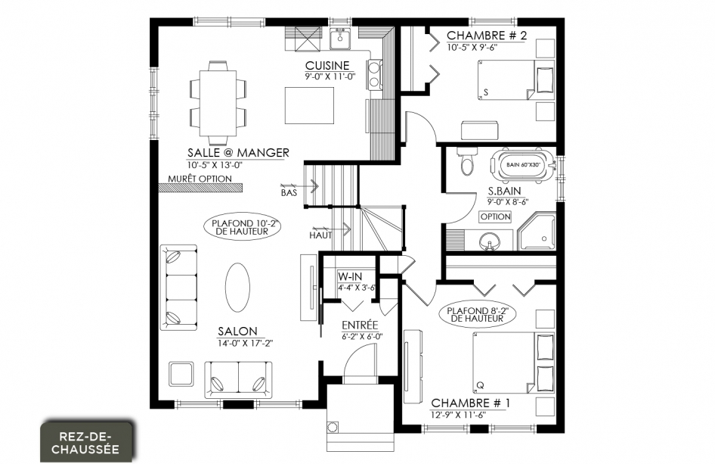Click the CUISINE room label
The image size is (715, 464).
coord(327,66)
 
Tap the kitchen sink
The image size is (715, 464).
coord(339,39)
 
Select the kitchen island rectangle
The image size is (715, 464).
coord(310,105)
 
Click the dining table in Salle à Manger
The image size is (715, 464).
coord(218,103)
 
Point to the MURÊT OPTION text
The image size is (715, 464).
coord(200,179)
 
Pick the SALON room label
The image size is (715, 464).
coord(237,331)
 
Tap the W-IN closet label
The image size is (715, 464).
coord(350,276)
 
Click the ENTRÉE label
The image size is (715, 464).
coord(361,325)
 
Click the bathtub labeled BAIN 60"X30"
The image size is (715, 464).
coord(523,164)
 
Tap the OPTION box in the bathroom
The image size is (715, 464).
coord(495,217)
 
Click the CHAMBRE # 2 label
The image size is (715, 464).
coord(487,35)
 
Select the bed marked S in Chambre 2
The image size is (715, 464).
coord(516,80)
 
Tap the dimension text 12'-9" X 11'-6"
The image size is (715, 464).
coord(458,415)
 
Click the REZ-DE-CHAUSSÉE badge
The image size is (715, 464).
coord(85,441)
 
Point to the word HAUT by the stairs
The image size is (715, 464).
coord(320,235)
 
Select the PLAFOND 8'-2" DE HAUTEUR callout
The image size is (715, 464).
coord(477,315)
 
